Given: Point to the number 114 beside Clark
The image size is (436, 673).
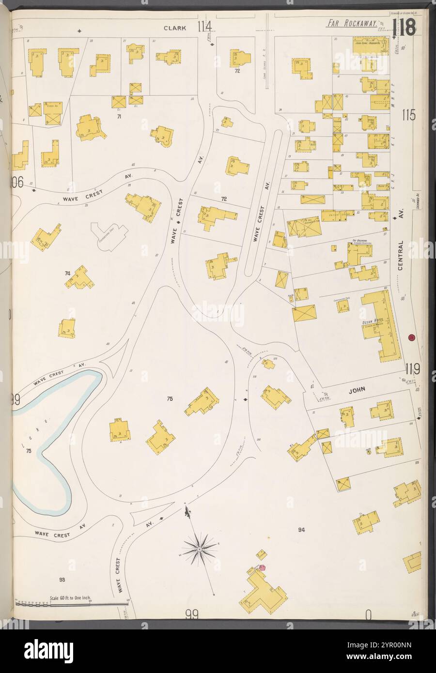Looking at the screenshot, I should pos(204,27).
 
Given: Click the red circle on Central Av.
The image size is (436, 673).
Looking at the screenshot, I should pos(411,337).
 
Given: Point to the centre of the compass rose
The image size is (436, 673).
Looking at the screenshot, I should pos(199,549).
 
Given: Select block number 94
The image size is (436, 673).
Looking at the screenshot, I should pos(301,530).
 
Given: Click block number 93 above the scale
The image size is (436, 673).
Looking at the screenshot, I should pos(62,579).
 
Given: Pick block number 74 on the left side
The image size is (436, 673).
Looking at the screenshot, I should pos(68,274).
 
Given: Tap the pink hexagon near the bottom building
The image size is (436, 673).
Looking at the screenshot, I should pos(262,567).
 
